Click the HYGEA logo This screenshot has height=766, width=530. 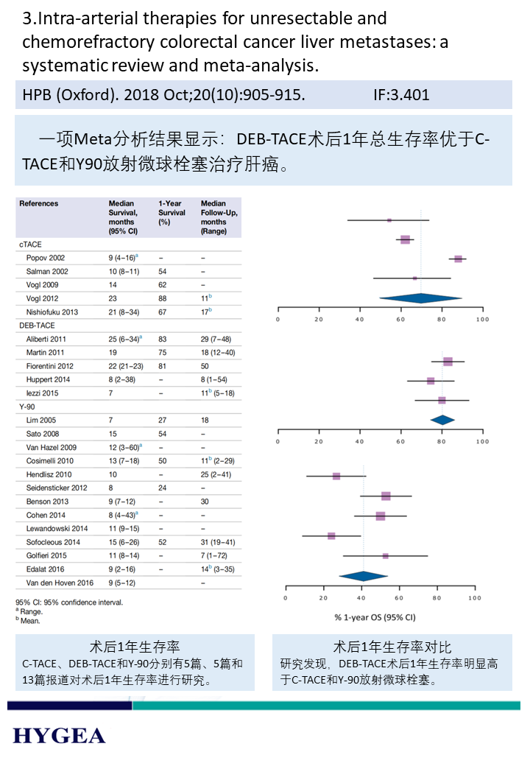(59, 735)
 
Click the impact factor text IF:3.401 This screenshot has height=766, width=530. (401, 94)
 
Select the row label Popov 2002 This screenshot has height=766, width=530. (46, 259)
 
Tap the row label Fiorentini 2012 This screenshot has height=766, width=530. (51, 366)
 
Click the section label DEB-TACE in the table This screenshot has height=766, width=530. (36, 325)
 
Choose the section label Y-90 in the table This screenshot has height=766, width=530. (28, 407)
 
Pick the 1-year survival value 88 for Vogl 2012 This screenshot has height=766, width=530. (163, 298)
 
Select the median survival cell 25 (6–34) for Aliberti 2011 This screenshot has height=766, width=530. (124, 339)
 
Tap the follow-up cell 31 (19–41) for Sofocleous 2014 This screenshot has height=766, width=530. (218, 542)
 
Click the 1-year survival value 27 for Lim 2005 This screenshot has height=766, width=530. (163, 420)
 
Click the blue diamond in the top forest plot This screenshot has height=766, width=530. (420, 298)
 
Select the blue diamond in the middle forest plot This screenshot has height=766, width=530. (442, 420)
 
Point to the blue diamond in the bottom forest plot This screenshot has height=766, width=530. (362, 576)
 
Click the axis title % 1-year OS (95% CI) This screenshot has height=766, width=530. (375, 617)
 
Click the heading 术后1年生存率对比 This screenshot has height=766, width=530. (392, 647)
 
